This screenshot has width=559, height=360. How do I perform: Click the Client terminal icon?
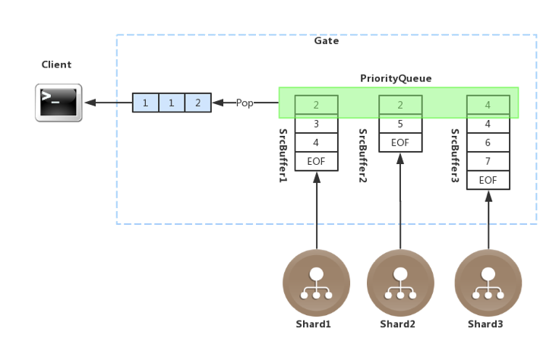(x=58, y=103)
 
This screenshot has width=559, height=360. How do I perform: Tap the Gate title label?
(x=326, y=41)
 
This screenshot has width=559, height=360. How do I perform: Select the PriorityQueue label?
(x=396, y=79)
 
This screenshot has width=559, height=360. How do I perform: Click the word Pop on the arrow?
(x=245, y=103)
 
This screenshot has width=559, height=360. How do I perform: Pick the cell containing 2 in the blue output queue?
(x=197, y=103)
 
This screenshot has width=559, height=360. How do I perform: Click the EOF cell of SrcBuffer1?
(x=316, y=161)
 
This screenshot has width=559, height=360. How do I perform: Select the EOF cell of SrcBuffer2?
(x=400, y=142)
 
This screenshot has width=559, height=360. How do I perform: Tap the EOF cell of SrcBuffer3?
(x=488, y=180)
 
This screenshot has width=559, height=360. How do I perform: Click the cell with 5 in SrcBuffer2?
(x=400, y=123)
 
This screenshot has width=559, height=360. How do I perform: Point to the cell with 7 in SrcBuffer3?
(x=488, y=161)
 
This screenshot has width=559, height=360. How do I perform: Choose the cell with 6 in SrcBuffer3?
(x=488, y=142)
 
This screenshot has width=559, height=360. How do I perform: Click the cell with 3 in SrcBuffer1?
(x=316, y=123)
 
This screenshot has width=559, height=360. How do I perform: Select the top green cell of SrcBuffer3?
(x=488, y=104)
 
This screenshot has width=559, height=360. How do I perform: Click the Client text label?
(x=57, y=65)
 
